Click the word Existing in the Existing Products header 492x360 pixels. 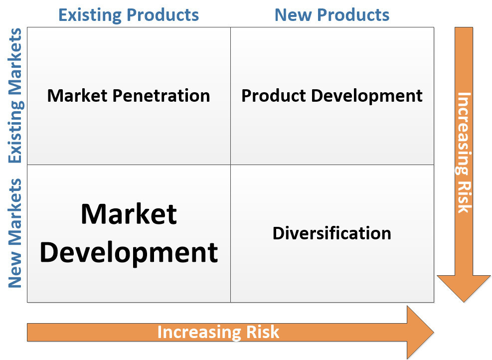click(90, 15)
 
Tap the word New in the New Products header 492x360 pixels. click(293, 15)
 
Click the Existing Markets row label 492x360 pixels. click(15, 95)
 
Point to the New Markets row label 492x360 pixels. click(15, 233)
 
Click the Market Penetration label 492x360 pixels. click(129, 95)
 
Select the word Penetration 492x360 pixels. click(162, 95)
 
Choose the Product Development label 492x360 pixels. click(332, 96)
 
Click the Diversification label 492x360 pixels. click(332, 233)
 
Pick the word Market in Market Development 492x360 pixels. click(129, 214)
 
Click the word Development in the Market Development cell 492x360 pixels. click(129, 253)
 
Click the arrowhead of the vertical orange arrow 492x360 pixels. click(464, 289)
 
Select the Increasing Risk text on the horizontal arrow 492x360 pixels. click(218, 333)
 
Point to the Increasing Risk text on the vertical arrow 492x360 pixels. click(464, 153)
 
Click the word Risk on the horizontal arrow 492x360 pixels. click(263, 332)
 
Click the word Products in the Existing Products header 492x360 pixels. click(163, 15)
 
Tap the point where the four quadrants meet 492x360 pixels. click(231, 165)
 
